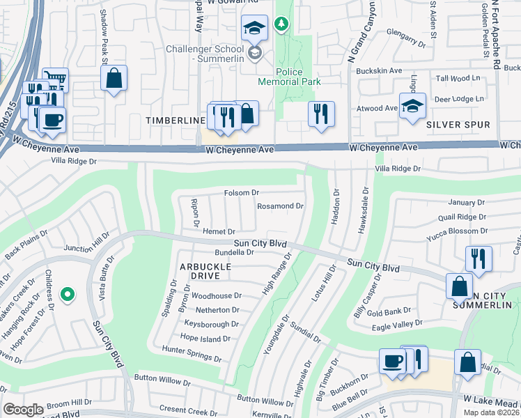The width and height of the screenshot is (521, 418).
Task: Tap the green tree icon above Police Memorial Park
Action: (281, 25)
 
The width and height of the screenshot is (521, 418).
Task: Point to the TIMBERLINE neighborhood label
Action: (173, 121)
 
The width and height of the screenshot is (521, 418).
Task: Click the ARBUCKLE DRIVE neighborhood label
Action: (185, 272)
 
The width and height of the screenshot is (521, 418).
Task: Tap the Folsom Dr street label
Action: (241, 193)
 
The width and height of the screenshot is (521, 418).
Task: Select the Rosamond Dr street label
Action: (280, 206)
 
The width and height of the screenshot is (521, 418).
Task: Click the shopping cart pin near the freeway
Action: (55, 81)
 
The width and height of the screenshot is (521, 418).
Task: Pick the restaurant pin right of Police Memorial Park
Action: (321, 114)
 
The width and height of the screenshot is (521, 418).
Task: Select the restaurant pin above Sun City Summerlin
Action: (479, 258)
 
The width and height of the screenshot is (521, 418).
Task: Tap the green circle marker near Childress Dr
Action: (68, 295)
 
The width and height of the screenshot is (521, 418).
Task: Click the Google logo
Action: (23, 410)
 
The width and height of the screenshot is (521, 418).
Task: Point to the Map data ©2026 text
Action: (491, 412)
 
